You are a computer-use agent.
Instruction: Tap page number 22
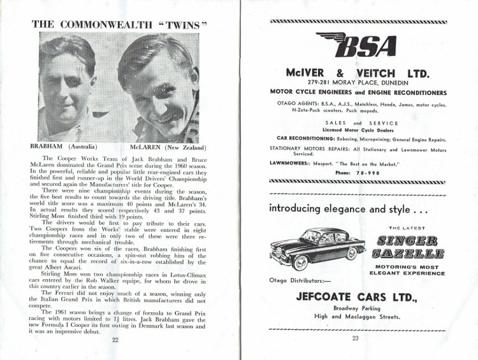tap(115, 340)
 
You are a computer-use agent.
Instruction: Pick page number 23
tap(355, 338)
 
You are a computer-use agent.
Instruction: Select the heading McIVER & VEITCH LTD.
tap(356, 73)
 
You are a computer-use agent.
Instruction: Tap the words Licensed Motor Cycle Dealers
tap(356, 130)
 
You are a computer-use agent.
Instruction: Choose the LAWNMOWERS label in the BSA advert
tap(291, 164)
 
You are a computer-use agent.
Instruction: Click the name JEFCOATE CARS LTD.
tap(356, 297)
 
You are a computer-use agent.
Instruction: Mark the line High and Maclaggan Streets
tap(356, 317)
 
